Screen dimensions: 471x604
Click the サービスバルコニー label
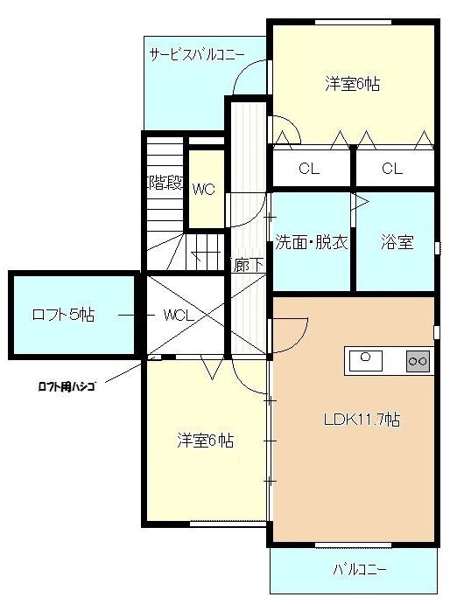[x=197, y=55]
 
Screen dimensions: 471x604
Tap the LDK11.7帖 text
[x=362, y=419]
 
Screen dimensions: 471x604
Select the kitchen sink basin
[x=366, y=361]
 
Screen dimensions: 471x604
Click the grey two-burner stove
[x=418, y=361]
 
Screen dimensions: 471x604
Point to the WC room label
[x=204, y=189]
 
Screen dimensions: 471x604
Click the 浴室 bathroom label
[x=397, y=242]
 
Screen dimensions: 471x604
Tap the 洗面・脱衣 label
[x=312, y=243]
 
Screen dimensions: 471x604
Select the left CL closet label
[x=309, y=169]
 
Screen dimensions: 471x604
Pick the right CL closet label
[x=392, y=169]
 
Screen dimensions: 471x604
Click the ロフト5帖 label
[x=63, y=315]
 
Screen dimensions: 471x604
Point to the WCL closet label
[x=179, y=316]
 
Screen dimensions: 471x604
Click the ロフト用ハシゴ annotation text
[x=67, y=386]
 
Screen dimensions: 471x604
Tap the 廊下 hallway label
[x=249, y=265]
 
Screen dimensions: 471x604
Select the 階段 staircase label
[x=165, y=183]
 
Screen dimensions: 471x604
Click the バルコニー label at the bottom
[x=360, y=569]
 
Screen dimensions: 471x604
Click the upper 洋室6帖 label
[x=353, y=84]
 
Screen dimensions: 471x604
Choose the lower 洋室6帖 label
[x=205, y=441]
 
